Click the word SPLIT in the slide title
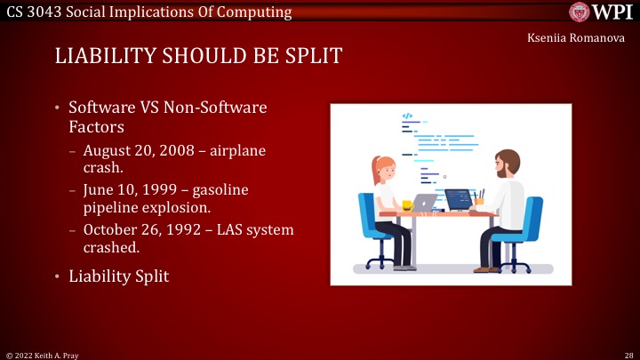coord(308,56)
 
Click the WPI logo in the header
coord(600,12)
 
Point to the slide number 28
coord(627,354)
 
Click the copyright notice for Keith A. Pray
coord(44,354)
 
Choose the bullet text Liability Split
coord(118,276)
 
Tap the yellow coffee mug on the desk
coord(407,205)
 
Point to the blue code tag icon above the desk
coord(407,116)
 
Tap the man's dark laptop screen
coord(458,199)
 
